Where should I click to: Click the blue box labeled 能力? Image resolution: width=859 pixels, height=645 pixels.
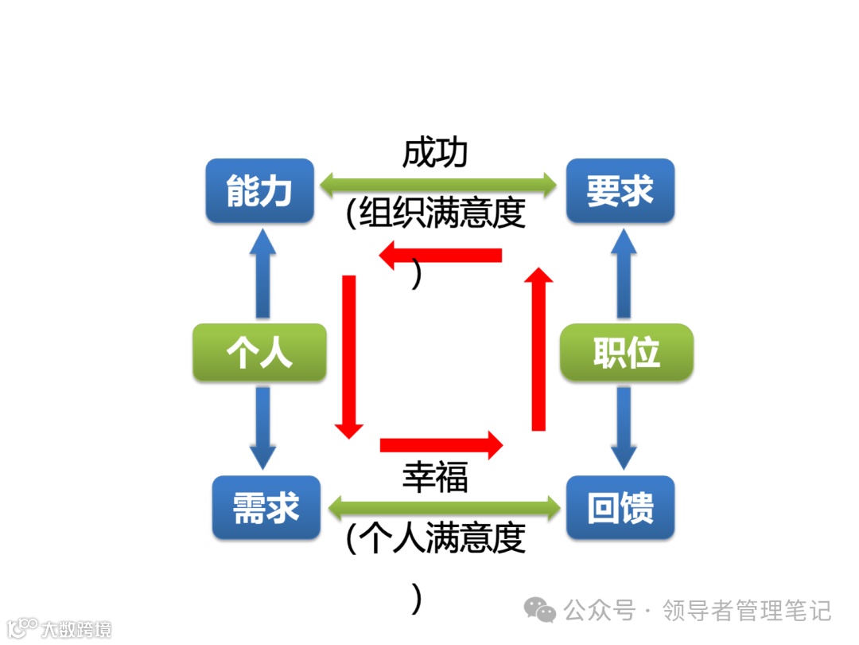point(259,191)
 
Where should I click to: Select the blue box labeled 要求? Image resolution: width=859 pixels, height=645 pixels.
point(620,191)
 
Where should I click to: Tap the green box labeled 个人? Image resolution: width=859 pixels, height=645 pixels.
point(259,352)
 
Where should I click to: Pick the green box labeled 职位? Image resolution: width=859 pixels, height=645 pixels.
point(626,352)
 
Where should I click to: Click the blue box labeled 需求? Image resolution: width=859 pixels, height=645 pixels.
point(266,507)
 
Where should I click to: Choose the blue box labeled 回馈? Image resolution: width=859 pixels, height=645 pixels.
point(620,507)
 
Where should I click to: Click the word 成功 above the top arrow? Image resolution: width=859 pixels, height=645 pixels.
point(435,153)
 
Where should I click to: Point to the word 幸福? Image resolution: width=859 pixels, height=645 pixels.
point(435,477)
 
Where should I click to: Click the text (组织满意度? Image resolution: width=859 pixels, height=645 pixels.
point(437,213)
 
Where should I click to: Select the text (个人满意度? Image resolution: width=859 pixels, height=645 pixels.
point(437,538)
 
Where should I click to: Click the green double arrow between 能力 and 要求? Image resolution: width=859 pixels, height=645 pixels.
point(438,186)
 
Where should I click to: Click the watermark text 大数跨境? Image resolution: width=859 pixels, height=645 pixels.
point(76,629)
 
